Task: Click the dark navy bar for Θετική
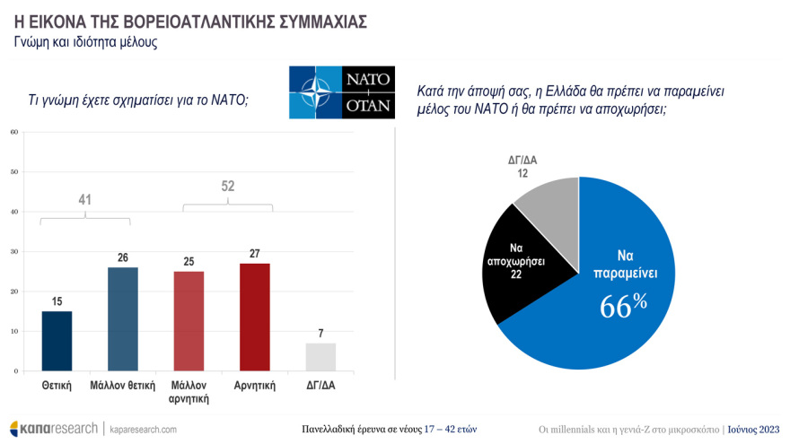(57, 341)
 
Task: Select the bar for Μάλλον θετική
(123, 318)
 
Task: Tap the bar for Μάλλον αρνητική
(189, 320)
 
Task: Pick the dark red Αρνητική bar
(255, 317)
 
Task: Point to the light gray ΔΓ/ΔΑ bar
(320, 356)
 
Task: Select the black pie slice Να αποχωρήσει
(516, 260)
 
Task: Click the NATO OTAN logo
(342, 91)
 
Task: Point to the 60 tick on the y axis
(14, 132)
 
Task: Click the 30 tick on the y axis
(14, 251)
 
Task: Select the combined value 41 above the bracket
(85, 200)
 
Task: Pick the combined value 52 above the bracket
(227, 187)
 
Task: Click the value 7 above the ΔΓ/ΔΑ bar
(320, 334)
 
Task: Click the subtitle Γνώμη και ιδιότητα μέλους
(86, 42)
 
